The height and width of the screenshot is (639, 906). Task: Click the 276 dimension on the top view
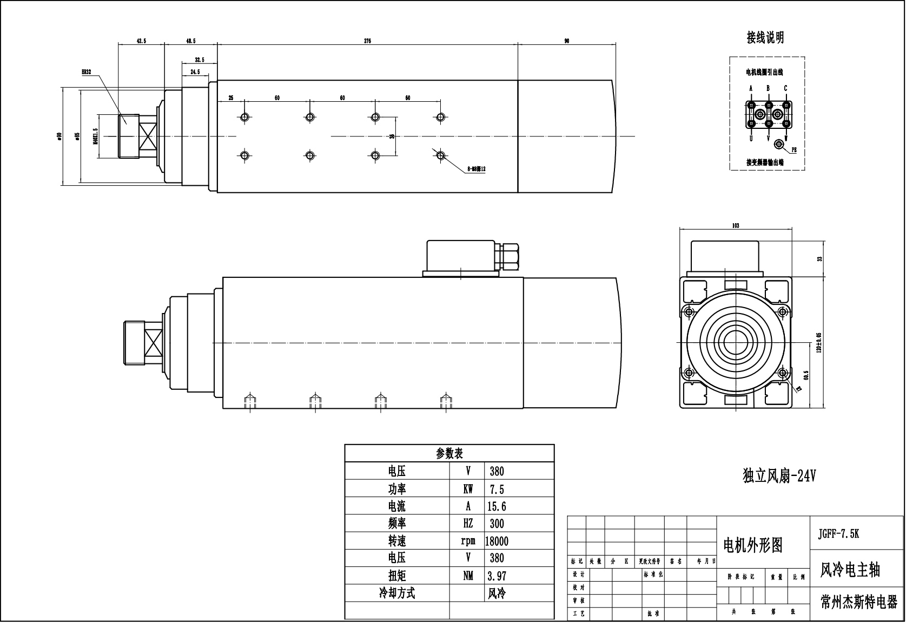[367, 41]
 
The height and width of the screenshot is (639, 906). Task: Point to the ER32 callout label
[87, 71]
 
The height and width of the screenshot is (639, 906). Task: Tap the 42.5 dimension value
[141, 41]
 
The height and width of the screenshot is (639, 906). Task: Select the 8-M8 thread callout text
[476, 169]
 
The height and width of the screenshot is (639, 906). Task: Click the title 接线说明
[765, 37]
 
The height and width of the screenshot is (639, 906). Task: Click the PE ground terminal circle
[779, 144]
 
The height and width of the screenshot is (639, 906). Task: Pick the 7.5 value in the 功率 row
[497, 490]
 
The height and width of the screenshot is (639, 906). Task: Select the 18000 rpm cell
[497, 541]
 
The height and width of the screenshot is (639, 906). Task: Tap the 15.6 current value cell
[497, 506]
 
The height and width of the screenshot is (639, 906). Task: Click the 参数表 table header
[449, 453]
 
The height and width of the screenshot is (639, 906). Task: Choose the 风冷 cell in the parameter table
[497, 594]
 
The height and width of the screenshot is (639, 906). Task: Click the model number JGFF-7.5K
[838, 533]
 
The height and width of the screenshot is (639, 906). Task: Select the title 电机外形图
[753, 545]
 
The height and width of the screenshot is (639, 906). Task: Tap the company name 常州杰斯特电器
[859, 602]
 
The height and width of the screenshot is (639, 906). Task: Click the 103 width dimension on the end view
[735, 226]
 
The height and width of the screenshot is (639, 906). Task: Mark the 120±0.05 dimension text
[819, 342]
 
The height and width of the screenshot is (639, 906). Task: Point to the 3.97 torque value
[497, 576]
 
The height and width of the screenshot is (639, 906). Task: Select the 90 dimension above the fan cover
[566, 41]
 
